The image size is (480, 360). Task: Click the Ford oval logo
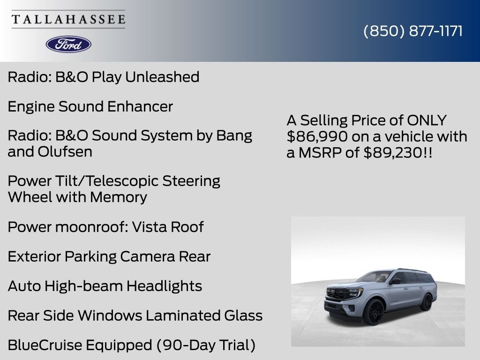pos(68,45)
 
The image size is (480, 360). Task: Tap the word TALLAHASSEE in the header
pos(68,19)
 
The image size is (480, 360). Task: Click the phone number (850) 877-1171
pos(413,31)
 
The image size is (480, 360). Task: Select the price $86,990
pos(317,136)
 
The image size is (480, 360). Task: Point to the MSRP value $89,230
pos(393,152)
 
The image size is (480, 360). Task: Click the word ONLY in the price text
pos(427,120)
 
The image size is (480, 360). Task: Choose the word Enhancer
pos(140,106)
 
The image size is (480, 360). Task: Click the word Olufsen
pos(65,151)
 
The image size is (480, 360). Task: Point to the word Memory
pos(119,197)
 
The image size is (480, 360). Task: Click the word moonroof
pos(91,227)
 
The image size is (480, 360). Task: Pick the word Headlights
pos(164,286)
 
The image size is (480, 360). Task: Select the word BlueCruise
pos(45,345)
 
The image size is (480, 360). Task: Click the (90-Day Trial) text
pos(206,345)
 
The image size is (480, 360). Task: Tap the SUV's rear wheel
pos(427,302)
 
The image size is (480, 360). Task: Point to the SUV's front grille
pos(337,294)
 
